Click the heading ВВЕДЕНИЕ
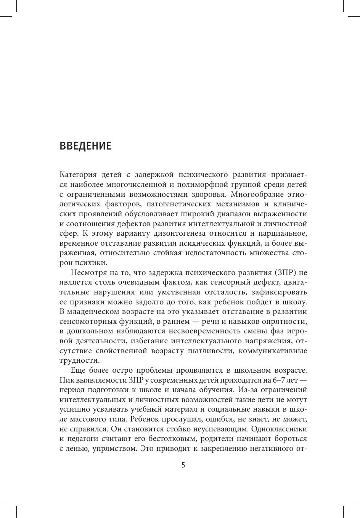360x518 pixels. (85, 146)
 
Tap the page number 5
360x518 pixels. (183, 465)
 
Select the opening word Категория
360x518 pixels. (77, 175)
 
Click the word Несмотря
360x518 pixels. (88, 272)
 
